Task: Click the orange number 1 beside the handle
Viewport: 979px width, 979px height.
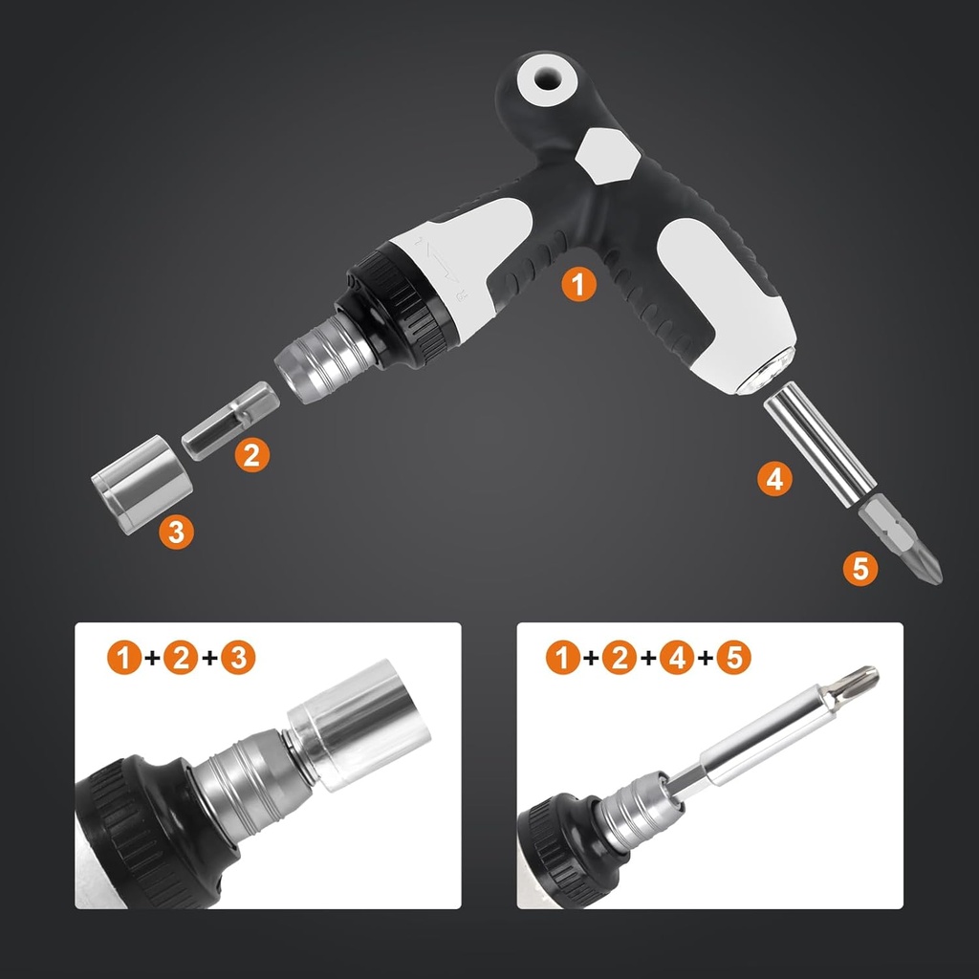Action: point(578,285)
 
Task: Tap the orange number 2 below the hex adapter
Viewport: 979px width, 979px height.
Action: point(250,454)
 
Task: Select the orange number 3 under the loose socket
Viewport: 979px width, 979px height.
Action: point(176,532)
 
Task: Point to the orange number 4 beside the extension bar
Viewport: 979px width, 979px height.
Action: point(774,477)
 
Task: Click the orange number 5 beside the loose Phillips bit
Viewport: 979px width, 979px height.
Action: point(860,570)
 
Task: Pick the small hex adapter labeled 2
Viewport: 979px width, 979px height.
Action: point(230,420)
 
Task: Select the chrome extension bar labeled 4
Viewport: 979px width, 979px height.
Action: point(819,442)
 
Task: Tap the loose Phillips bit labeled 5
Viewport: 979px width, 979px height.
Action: point(901,542)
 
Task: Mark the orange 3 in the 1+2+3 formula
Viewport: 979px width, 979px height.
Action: point(239,658)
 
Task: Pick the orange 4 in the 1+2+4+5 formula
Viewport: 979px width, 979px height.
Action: point(677,658)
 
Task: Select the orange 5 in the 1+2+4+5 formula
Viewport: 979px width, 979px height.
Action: point(733,658)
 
